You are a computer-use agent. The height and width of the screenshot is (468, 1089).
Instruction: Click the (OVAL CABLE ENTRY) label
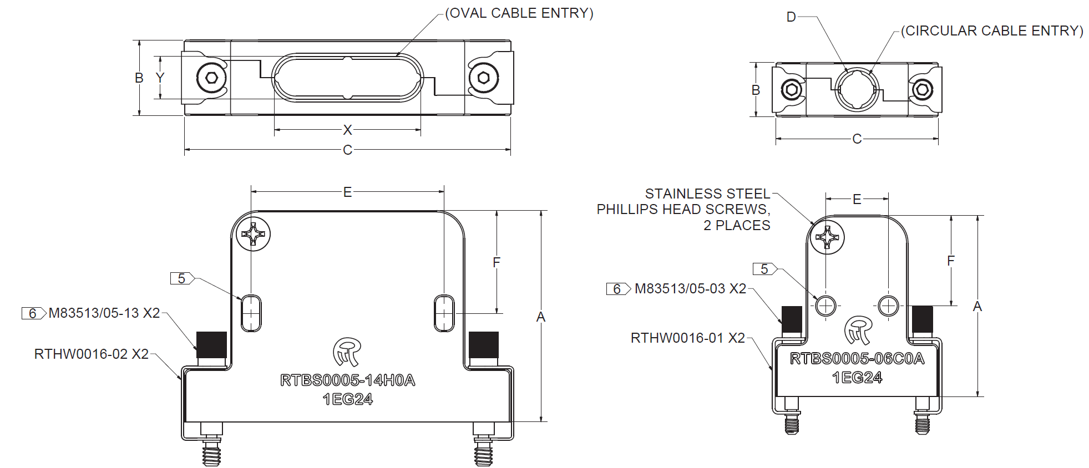click(519, 13)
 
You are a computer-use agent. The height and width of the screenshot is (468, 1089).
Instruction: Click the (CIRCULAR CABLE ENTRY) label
click(992, 31)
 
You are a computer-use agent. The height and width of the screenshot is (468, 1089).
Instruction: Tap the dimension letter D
click(791, 17)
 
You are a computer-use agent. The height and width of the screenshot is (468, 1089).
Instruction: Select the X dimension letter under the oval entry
click(347, 130)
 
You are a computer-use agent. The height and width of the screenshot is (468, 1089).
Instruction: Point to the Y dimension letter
click(160, 78)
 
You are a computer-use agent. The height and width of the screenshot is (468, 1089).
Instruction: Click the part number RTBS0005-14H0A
click(347, 380)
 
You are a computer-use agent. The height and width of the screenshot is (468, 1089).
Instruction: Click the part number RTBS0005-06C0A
click(857, 359)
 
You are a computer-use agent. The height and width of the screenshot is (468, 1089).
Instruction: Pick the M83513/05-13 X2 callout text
click(104, 313)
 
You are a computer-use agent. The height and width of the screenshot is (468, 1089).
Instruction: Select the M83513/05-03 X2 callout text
click(690, 289)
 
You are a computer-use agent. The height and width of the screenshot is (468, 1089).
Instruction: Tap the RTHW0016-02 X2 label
click(92, 354)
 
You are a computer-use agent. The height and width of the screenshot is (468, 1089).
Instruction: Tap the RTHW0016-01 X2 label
click(687, 338)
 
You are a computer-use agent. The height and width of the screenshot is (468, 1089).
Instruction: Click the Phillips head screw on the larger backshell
click(254, 234)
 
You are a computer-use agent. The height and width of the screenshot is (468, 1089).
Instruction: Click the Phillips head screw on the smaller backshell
click(827, 237)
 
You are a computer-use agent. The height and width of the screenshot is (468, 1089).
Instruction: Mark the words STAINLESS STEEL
click(707, 194)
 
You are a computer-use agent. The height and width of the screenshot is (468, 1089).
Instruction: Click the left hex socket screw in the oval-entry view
click(211, 78)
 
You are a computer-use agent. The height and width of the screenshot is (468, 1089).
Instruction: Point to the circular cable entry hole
click(857, 89)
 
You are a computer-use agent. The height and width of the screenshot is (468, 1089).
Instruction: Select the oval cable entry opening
click(347, 78)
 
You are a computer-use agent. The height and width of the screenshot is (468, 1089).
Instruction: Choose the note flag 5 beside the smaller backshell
click(765, 269)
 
